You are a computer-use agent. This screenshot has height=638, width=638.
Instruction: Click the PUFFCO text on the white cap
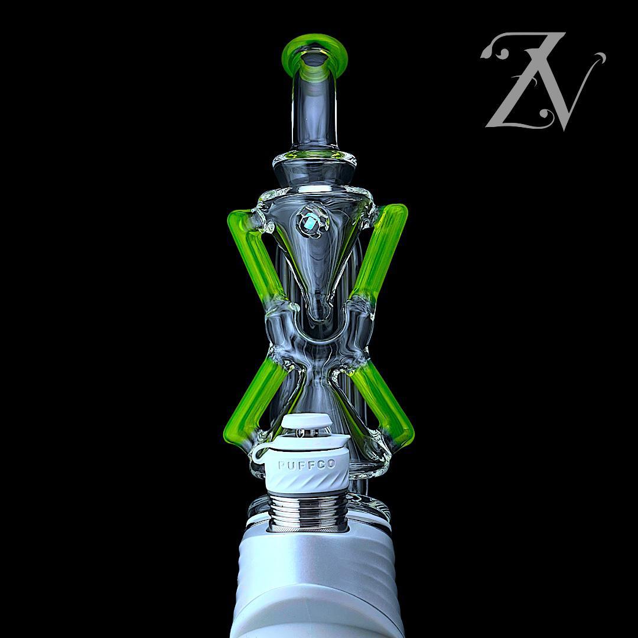click(306, 465)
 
